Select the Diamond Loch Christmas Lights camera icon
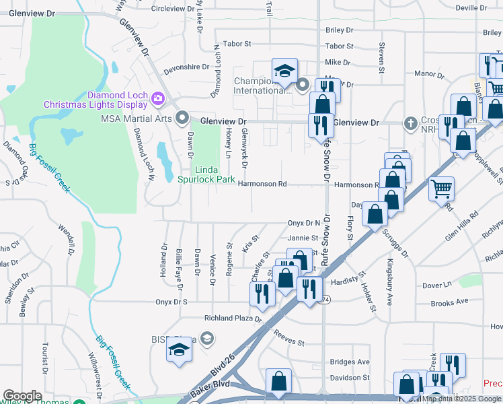point(158,98)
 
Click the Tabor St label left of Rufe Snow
point(237,44)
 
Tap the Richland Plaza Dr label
point(233,318)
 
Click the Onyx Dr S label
point(171,302)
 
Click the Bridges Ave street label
point(350,362)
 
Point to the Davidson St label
point(349,378)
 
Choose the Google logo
point(22,396)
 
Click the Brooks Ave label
point(449,303)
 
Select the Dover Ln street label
point(436,285)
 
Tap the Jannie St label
point(303,238)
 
